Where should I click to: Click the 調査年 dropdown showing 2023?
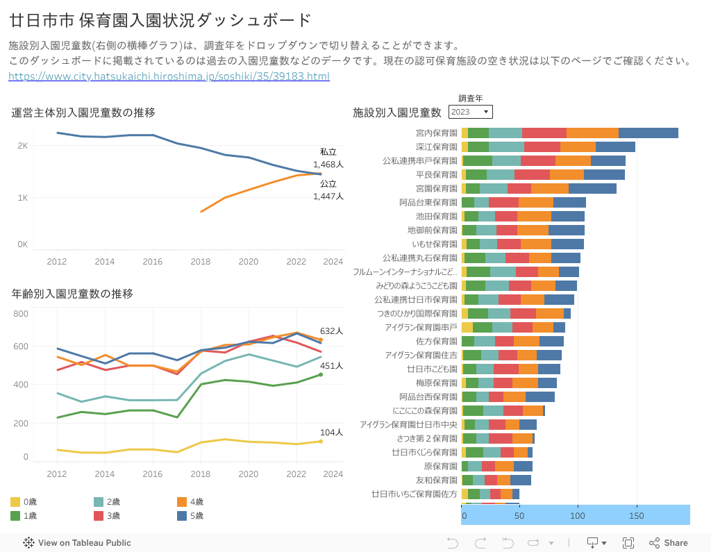(x=470, y=112)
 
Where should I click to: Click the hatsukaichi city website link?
(x=169, y=76)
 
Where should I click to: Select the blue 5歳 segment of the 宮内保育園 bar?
(x=648, y=133)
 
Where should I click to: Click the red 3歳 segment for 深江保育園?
(x=542, y=147)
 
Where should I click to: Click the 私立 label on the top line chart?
(x=328, y=152)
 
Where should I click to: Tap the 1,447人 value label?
(x=328, y=196)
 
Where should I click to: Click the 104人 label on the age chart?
(x=332, y=433)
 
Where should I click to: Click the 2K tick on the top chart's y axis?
(x=23, y=146)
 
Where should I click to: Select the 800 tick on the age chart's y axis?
(x=21, y=314)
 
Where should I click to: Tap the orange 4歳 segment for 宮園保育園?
(x=549, y=188)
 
